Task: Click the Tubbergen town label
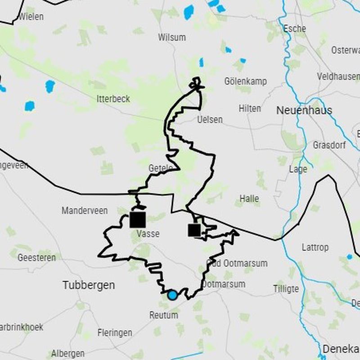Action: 89,285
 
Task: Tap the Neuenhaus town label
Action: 304,110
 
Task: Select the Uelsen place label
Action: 210,120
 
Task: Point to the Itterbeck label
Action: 113,99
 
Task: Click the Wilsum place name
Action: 172,37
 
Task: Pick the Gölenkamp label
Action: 245,81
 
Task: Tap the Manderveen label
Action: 85,211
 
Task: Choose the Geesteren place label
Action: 37,258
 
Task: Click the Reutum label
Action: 164,315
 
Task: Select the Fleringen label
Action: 115,333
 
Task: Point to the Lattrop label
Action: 315,247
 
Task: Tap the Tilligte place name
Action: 286,288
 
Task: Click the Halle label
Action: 249,198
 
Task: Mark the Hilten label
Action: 250,108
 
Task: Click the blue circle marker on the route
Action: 172,295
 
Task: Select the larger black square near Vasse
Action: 138,220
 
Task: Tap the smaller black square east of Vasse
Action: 194,230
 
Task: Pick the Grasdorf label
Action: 329,145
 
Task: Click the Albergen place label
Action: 67,353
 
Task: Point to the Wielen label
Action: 31,17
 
